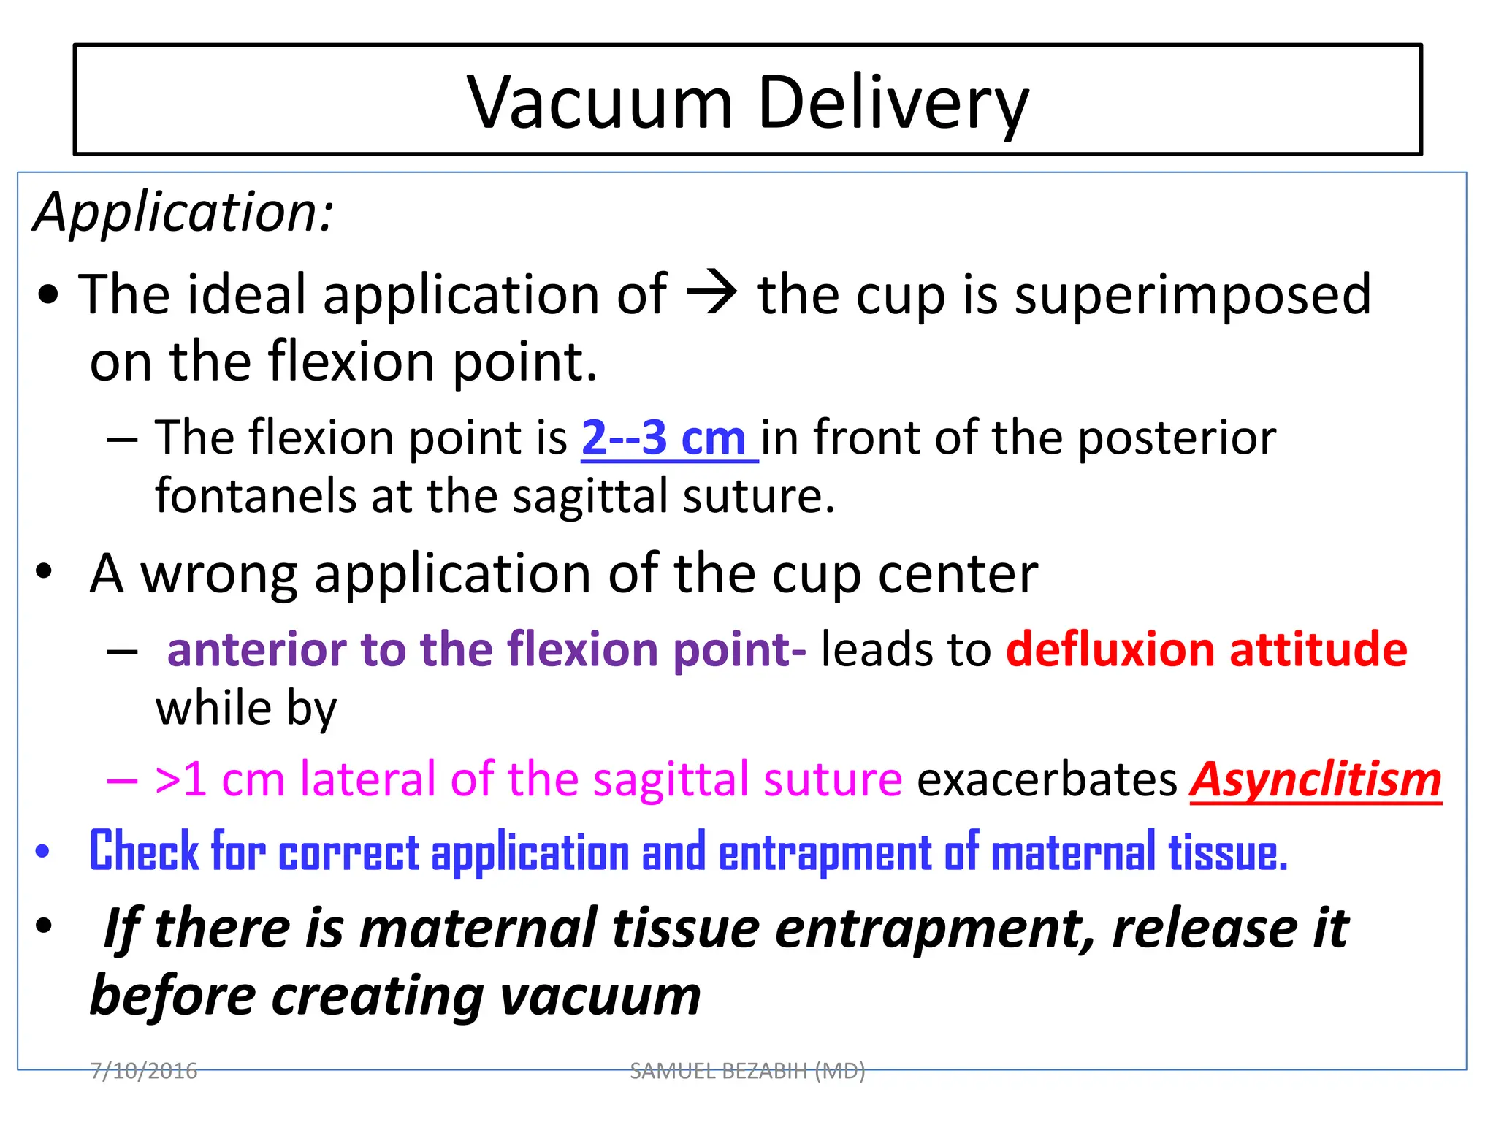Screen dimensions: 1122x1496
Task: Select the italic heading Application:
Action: [x=183, y=212]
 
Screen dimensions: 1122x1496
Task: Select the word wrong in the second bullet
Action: [x=219, y=574]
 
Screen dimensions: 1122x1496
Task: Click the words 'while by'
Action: [x=246, y=709]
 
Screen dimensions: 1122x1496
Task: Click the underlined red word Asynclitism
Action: [x=1315, y=780]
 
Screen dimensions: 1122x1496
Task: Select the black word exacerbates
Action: [x=1046, y=779]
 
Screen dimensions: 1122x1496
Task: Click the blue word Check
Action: [x=144, y=852]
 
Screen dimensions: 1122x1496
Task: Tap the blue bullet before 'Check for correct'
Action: [x=43, y=851]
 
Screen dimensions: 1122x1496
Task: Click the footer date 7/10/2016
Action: [x=144, y=1071]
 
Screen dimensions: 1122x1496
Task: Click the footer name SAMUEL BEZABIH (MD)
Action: [x=747, y=1071]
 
